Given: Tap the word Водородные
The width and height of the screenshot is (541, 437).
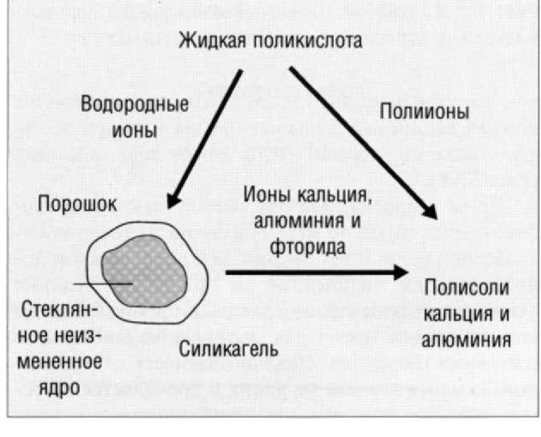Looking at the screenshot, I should point(135,106).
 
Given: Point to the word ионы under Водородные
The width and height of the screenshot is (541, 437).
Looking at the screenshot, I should point(135,131).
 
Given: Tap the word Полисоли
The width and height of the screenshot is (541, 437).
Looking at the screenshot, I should point(466,288).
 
